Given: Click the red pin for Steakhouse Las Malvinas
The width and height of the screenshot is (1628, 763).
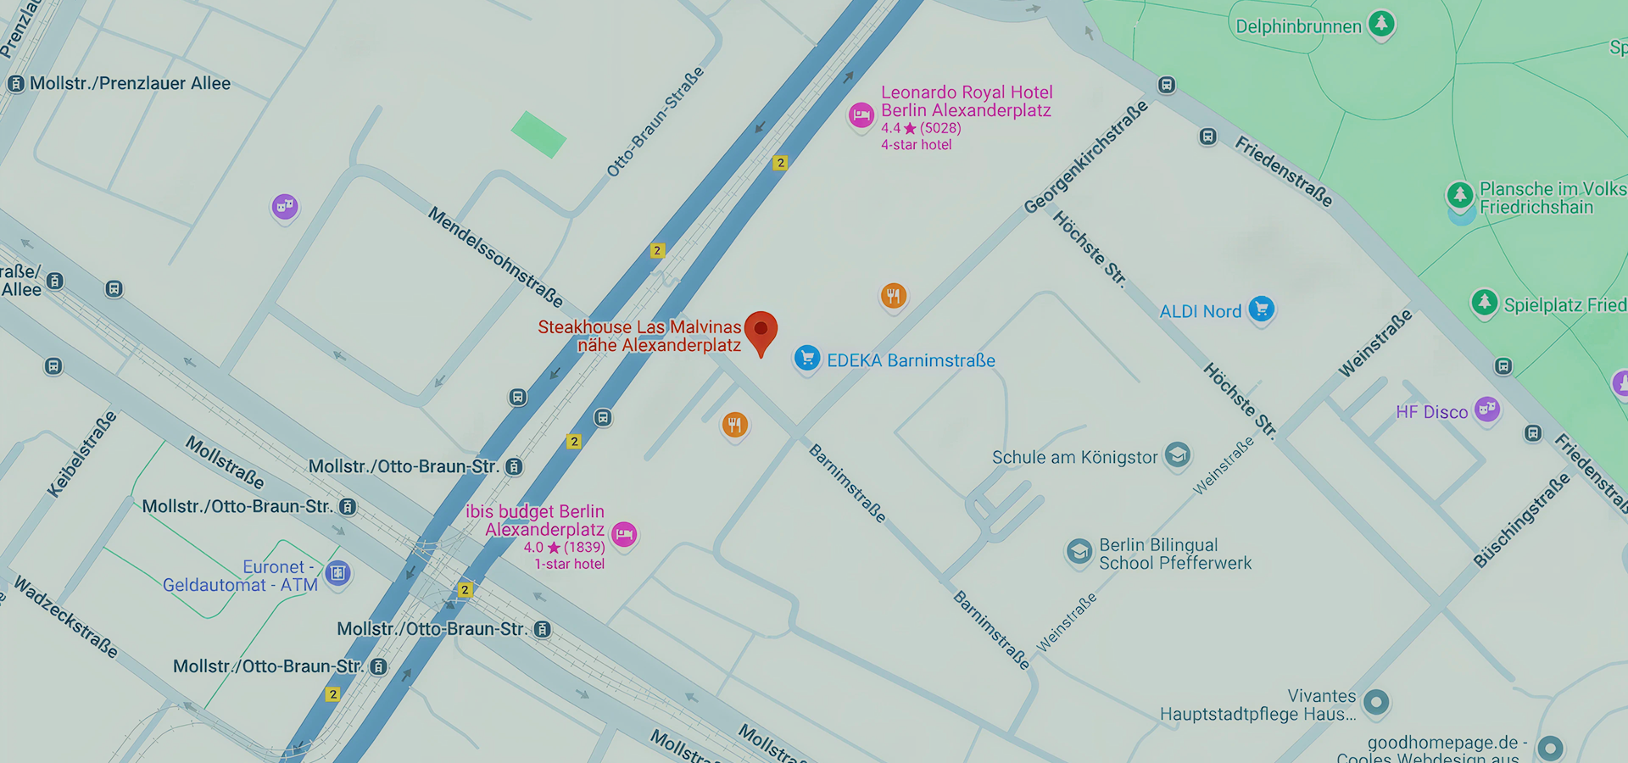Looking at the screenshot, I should point(761,329).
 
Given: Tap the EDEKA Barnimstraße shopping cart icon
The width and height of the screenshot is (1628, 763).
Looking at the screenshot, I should point(807,359).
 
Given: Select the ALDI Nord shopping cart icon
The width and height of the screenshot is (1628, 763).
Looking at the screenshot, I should point(1261,309).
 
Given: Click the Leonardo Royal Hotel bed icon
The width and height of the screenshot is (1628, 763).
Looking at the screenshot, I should point(861,115).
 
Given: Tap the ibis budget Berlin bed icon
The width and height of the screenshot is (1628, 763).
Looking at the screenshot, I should point(624,534).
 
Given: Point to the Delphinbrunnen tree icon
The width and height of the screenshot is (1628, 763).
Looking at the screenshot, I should point(1381,23).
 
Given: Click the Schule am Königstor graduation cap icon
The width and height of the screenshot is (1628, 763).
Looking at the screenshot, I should point(1176,454).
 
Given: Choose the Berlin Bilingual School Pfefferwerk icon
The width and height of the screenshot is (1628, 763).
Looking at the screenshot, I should point(1079,552).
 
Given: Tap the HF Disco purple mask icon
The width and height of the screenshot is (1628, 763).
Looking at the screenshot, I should point(1486,409).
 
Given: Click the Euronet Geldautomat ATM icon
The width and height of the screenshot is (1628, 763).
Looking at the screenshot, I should point(337,573).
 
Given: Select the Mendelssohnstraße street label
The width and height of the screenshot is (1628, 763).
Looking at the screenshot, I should point(495,256).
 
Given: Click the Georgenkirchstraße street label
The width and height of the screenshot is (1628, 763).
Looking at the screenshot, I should point(1085,158).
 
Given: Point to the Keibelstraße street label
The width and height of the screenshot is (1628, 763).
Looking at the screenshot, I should point(81,454).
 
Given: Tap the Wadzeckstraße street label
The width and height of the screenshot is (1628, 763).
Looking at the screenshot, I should point(66,617).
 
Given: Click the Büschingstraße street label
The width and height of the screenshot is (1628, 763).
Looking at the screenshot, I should point(1521,520).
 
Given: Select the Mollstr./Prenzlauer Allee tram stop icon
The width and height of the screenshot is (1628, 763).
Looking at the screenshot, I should point(15,84).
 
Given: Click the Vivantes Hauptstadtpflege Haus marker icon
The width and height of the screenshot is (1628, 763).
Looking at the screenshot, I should point(1376,701).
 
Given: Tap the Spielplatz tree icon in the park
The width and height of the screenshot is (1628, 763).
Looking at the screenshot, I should point(1484,302).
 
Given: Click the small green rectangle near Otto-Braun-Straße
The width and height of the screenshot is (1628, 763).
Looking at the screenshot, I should point(538,134).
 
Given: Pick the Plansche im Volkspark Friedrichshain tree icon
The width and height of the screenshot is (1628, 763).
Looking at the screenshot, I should point(1459,195).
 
